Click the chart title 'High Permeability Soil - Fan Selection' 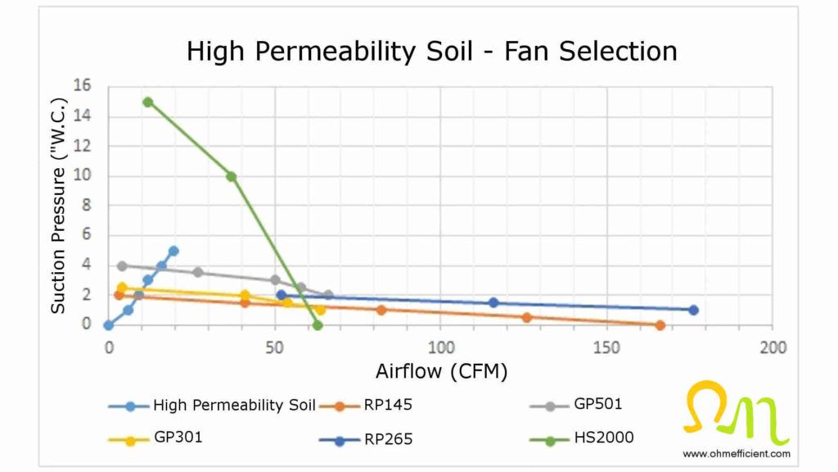[x=431, y=52]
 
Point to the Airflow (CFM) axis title [x=441, y=371]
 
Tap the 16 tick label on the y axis [x=82, y=86]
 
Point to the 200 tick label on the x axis [x=773, y=347]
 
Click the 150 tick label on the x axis [x=606, y=347]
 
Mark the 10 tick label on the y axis [x=82, y=175]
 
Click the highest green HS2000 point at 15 [x=148, y=102]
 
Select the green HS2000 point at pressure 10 [x=232, y=176]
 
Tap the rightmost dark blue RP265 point [x=693, y=310]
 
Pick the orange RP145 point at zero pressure [x=660, y=325]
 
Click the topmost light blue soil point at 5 [x=173, y=251]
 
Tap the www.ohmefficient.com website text [x=737, y=453]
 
